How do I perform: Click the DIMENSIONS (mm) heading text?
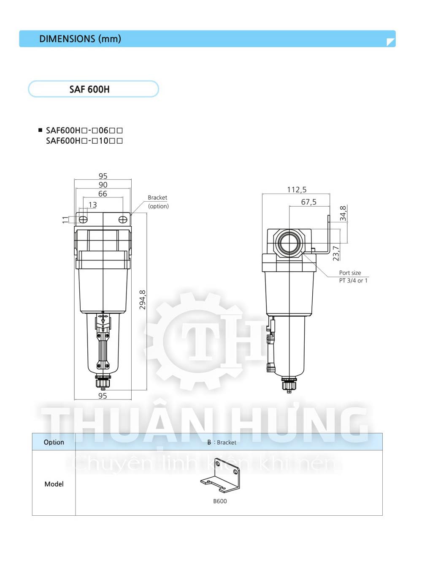[x=80, y=39]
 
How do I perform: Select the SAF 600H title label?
[x=89, y=89]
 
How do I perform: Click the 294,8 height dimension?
[x=142, y=300]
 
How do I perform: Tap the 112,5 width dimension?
[x=297, y=189]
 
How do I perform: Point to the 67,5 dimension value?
[x=308, y=202]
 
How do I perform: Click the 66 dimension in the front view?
[x=103, y=194]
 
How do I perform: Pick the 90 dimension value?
[x=103, y=185]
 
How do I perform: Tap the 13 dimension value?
[x=92, y=205]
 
